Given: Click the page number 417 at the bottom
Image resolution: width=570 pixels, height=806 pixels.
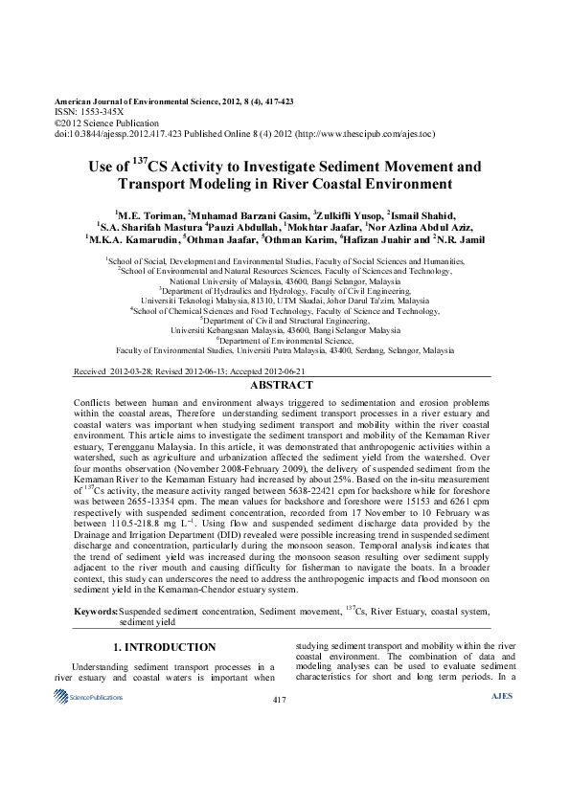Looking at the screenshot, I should point(280,701).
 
